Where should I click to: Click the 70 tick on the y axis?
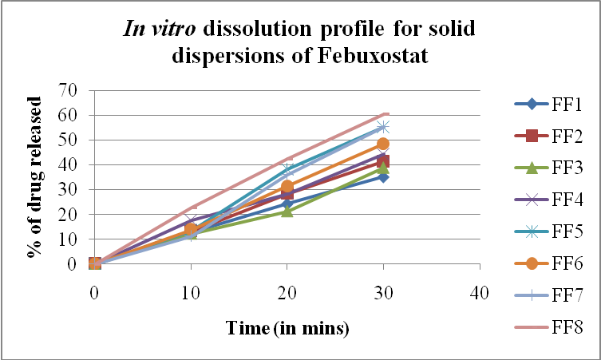coord(77,90)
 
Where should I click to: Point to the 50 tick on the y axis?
coord(77,140)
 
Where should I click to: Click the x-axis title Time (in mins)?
coord(287,327)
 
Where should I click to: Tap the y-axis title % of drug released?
coord(34,177)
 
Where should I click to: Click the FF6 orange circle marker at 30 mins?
coord(383,144)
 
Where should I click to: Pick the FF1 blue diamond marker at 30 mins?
coord(383,176)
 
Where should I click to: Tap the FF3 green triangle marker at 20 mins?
coord(287,212)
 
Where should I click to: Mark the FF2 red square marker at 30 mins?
coord(383,161)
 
